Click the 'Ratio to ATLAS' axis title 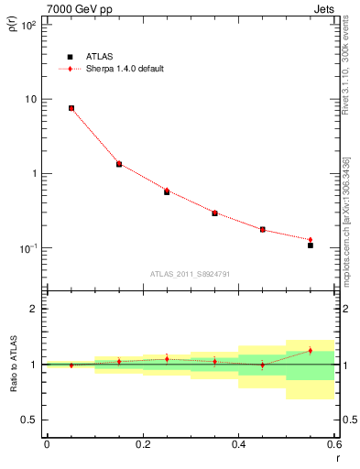(11, 365)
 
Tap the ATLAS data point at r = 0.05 (71, 108)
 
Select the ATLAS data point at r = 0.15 (119, 165)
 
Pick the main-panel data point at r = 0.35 (214, 213)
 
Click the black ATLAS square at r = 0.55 (311, 245)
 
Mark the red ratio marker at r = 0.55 (311, 350)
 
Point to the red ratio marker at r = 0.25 (167, 358)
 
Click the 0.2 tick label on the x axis (142, 444)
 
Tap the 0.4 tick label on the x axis (238, 444)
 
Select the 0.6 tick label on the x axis (333, 444)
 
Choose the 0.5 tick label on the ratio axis (32, 420)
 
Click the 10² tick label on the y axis (28, 25)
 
